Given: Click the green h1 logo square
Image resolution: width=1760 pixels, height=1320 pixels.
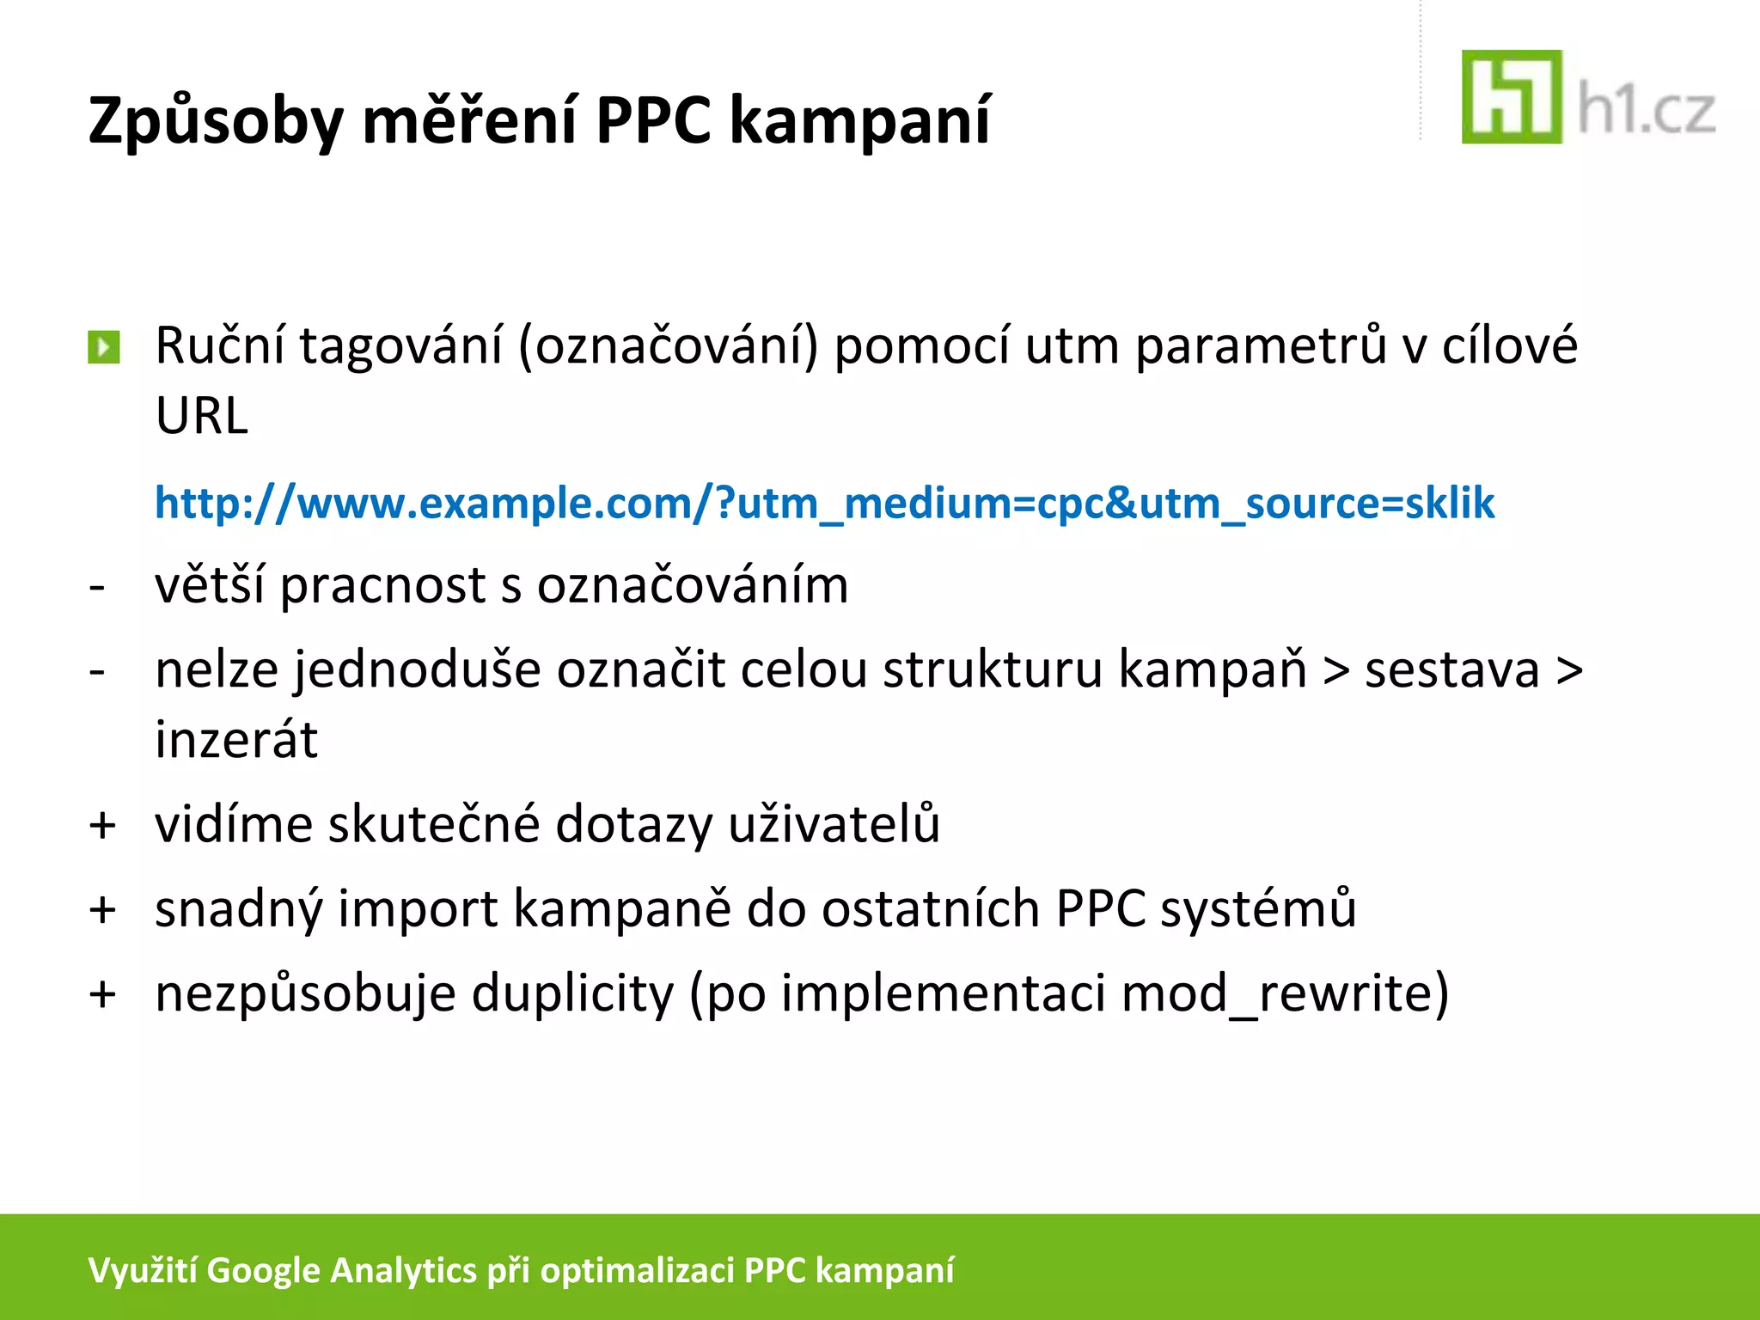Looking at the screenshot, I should (1511, 96).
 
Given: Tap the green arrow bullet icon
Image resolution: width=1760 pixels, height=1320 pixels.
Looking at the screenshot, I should (104, 348).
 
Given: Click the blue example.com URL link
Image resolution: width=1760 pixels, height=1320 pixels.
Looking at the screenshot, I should (824, 503).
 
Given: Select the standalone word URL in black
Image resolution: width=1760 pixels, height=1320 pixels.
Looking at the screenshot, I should (202, 416).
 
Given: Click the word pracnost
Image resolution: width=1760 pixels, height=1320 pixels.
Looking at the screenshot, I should (383, 586).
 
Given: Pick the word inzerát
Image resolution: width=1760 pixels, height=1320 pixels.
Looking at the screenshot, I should (236, 740).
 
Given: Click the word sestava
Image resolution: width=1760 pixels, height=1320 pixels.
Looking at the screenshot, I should (1452, 670).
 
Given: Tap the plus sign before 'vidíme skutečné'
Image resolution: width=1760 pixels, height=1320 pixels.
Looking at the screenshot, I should (103, 826).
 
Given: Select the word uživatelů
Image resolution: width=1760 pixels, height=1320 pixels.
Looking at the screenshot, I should (834, 824).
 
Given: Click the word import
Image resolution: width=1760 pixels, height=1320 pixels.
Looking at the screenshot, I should (418, 909).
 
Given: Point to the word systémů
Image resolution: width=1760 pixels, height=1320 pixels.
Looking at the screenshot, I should (1259, 909).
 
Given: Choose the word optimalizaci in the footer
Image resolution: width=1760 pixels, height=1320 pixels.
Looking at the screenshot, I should (637, 1270).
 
